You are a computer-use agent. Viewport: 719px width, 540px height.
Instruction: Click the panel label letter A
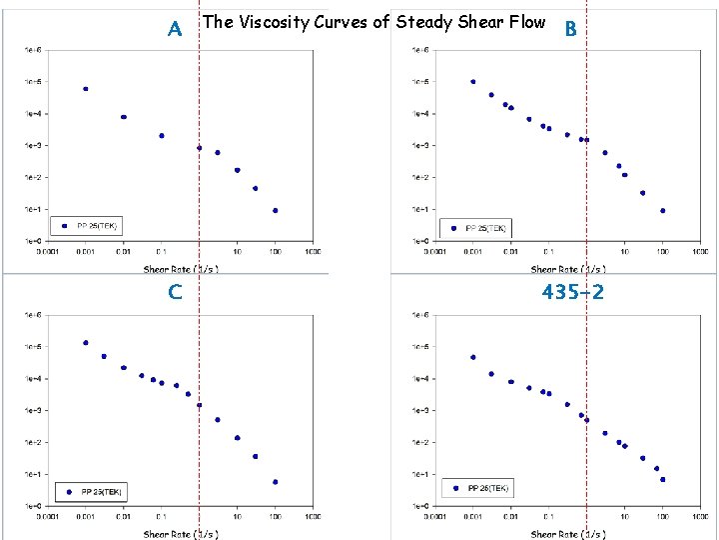click(x=175, y=29)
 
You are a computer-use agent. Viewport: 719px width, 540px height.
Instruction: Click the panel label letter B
click(x=570, y=29)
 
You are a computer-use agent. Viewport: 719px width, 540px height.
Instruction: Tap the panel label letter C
click(x=175, y=292)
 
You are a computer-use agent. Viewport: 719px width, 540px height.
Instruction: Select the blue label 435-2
click(x=573, y=292)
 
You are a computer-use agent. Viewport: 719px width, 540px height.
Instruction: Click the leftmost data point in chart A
click(x=86, y=89)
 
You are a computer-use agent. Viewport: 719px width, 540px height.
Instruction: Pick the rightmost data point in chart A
click(x=275, y=211)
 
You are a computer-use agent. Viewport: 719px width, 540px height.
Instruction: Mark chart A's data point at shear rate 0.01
click(x=124, y=117)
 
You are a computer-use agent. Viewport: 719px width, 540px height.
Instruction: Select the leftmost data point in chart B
click(x=473, y=82)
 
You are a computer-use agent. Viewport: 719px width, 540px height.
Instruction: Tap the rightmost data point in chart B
click(x=662, y=211)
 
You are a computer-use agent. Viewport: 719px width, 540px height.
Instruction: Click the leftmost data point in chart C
click(x=86, y=343)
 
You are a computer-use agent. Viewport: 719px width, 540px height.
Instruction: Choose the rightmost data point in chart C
click(x=275, y=482)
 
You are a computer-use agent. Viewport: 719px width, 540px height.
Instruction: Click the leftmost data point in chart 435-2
click(x=473, y=357)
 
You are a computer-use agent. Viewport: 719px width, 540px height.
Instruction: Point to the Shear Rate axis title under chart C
click(x=181, y=534)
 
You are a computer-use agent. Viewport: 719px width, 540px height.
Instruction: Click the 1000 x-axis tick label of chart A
click(x=313, y=252)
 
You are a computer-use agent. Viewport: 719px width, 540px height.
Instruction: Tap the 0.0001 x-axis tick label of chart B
click(x=435, y=252)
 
